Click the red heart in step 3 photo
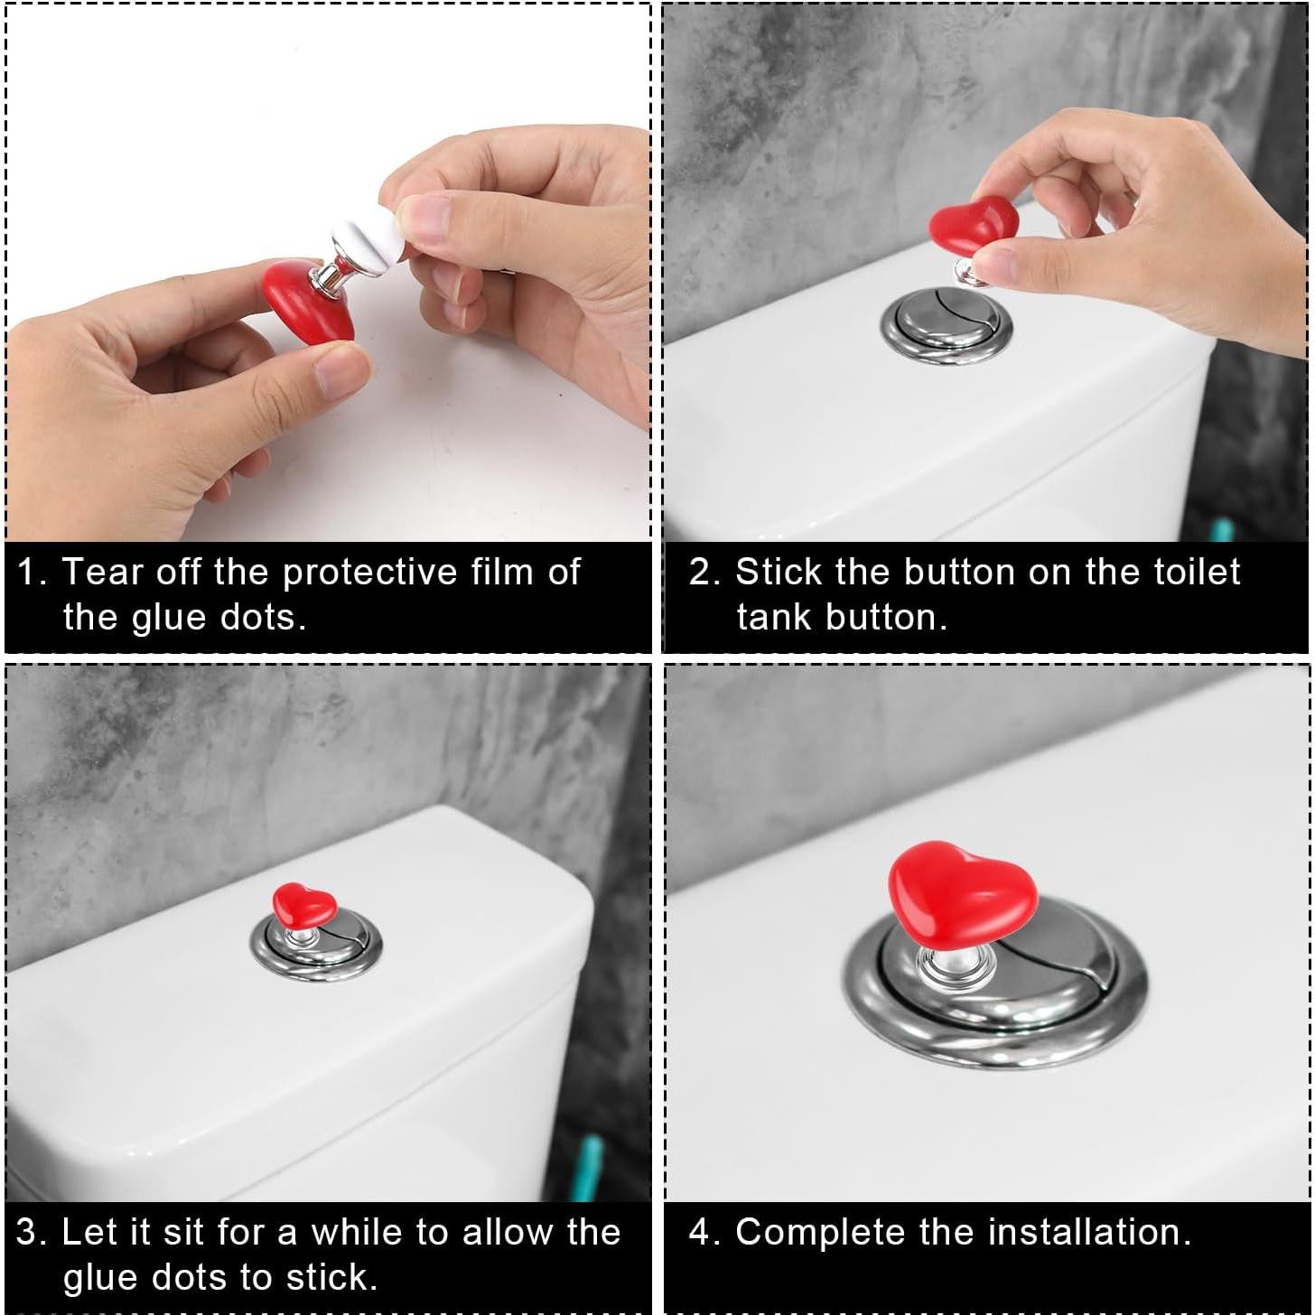[x=304, y=903]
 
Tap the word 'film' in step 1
[x=501, y=571]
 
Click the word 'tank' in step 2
[x=775, y=617]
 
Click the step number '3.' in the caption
[x=32, y=1232]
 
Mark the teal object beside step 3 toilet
[x=588, y=1166]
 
